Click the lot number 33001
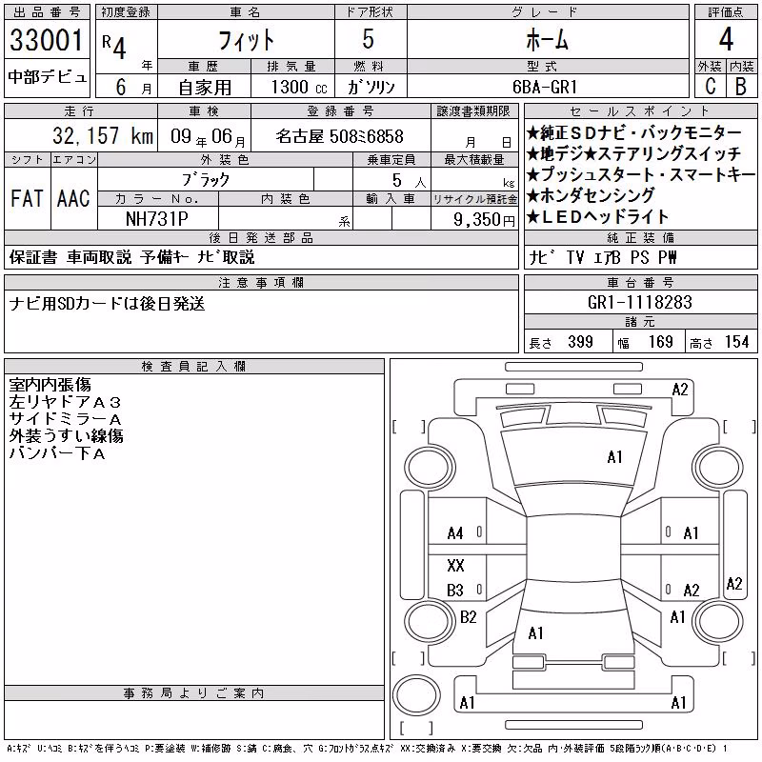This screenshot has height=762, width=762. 47,40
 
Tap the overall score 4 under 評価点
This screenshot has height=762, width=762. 726,39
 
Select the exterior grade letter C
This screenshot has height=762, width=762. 711,87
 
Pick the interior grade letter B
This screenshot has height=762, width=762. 741,87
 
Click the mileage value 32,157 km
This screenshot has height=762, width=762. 103,135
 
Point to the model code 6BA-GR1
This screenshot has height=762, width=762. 545,87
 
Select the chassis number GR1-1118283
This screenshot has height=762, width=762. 639,302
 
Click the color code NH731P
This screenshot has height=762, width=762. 157,219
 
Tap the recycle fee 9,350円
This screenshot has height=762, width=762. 484,220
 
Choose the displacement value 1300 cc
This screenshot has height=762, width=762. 299,87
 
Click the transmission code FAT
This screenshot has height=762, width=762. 27,198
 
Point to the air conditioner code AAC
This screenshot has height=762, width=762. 73,198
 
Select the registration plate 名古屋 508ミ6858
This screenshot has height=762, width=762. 340,136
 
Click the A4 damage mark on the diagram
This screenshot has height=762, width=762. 455,533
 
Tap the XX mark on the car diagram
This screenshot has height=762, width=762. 455,565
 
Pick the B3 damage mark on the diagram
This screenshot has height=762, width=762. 455,591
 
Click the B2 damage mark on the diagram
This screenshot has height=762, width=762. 469,617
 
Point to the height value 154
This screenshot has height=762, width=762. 736,342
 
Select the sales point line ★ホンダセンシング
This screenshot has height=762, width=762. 591,195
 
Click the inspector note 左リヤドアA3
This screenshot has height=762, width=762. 65,402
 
